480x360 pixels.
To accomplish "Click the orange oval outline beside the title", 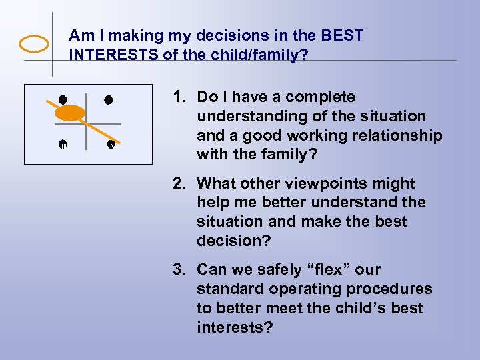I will [x=34, y=45].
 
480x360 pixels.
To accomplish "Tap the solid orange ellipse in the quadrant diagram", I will [x=69, y=113].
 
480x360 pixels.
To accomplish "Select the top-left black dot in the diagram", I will [x=62, y=100].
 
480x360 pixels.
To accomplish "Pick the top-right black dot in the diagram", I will [x=108, y=100].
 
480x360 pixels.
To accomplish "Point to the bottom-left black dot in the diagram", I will [x=62, y=143].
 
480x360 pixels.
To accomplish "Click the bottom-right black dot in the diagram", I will [x=111, y=143].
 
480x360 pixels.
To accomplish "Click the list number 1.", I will [x=178, y=97].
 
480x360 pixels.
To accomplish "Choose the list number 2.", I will [x=178, y=183].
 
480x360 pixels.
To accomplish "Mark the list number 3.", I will [x=178, y=269].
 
